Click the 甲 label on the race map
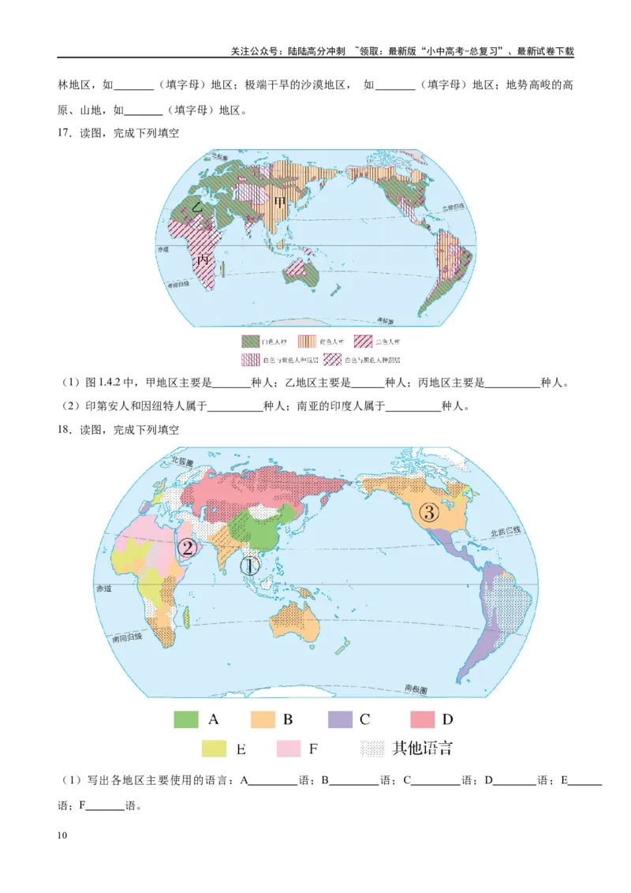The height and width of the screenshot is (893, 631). pyautogui.click(x=280, y=204)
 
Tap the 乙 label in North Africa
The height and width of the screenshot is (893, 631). pyautogui.click(x=198, y=207)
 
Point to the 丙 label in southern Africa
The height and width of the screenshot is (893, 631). pyautogui.click(x=203, y=258)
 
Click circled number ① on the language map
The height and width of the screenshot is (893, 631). pyautogui.click(x=249, y=566)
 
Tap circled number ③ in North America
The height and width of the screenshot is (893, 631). pyautogui.click(x=428, y=512)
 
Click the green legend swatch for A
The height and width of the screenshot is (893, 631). pyautogui.click(x=186, y=719)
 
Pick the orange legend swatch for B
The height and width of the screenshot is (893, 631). pyautogui.click(x=263, y=719)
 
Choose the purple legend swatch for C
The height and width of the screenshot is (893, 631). pyautogui.click(x=340, y=719)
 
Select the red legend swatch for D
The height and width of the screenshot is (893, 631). pyautogui.click(x=423, y=719)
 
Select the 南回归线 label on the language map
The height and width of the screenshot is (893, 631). pyautogui.click(x=126, y=637)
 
